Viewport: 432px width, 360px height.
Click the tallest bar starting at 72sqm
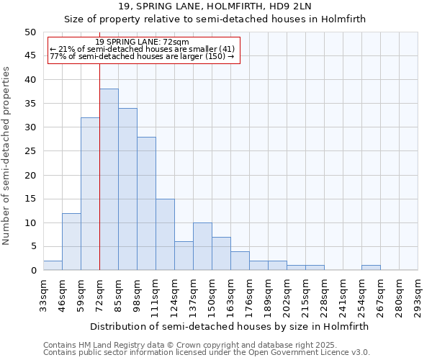point(109,179)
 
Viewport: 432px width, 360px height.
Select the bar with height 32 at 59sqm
point(90,194)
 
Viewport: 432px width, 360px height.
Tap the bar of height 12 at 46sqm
point(71,241)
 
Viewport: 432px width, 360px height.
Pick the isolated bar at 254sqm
point(371,268)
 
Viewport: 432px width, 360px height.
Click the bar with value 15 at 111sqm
point(165,234)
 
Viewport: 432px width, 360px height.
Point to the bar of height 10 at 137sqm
point(202,246)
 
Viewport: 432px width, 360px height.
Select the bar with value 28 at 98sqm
point(146,203)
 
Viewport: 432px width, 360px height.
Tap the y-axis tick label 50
point(30,32)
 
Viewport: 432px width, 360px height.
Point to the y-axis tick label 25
point(30,151)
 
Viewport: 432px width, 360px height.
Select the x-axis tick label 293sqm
point(418,294)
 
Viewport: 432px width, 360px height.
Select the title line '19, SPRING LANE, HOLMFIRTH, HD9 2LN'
point(215,7)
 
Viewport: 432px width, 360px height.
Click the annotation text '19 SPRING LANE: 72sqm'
point(142,42)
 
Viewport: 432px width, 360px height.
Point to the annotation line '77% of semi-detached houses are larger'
point(142,56)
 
